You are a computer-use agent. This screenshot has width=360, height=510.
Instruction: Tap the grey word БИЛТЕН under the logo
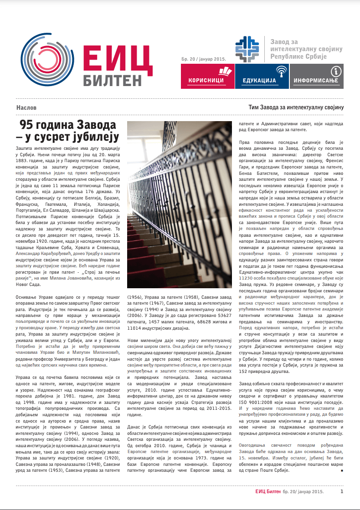tap(113, 80)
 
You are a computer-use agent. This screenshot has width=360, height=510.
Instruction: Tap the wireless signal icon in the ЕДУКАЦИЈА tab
tap(281, 71)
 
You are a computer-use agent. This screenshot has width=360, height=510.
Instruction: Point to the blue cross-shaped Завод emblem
tap(248, 49)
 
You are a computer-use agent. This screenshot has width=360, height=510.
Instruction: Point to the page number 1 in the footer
tap(342, 491)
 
